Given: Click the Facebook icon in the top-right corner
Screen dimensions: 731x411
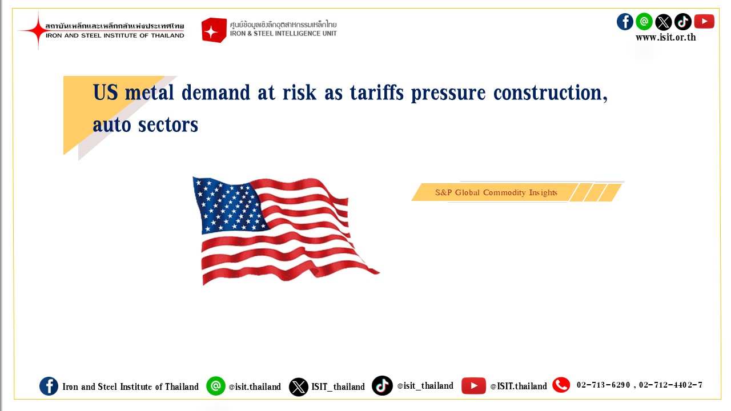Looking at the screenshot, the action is [625, 22].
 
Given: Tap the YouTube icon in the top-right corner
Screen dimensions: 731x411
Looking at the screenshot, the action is [704, 22].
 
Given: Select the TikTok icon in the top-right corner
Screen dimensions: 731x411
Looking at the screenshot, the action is [683, 22].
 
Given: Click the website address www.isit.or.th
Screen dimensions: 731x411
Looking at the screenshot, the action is [666, 37].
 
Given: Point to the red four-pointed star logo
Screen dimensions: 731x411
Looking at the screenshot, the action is [38, 30].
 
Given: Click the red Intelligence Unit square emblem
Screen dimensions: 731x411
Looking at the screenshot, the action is [214, 30].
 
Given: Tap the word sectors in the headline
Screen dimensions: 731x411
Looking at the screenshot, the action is [168, 125].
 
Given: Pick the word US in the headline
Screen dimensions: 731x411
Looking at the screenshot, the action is [106, 92].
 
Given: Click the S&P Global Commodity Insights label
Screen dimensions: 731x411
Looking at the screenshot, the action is [496, 192].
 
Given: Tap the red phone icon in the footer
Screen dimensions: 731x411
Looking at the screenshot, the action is [561, 385].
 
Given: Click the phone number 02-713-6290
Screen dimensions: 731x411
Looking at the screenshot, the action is [603, 385].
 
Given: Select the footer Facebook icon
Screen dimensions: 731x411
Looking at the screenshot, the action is [49, 386].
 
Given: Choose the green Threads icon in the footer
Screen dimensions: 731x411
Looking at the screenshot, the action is [216, 386].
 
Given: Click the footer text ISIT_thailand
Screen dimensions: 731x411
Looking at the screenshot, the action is [338, 387].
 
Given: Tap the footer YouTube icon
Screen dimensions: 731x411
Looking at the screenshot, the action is [473, 386].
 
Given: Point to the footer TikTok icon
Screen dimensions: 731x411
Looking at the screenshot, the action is [382, 386].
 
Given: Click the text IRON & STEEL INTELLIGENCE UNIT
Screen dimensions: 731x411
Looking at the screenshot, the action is [283, 33].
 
